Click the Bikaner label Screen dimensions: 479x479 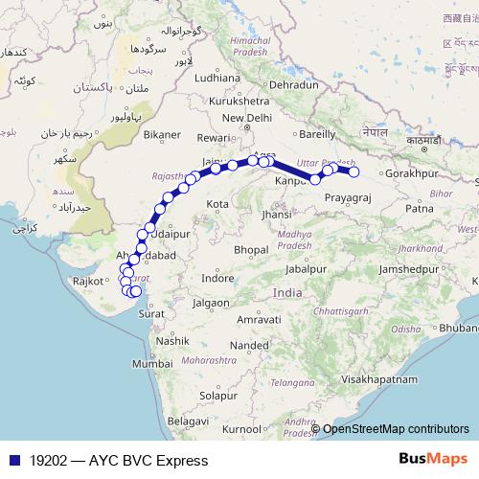[x=161, y=135]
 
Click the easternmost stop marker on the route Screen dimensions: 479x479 [x=354, y=172]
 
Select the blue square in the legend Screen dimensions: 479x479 [x=12, y=460]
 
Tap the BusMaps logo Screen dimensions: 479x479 [x=432, y=459]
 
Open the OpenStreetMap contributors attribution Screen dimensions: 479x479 [x=396, y=428]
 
